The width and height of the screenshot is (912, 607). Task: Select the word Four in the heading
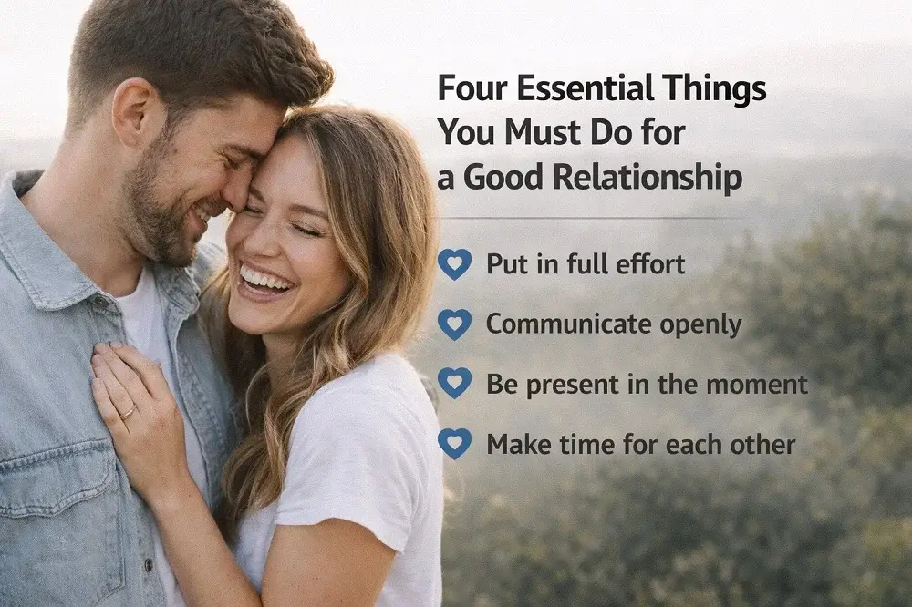coord(471,90)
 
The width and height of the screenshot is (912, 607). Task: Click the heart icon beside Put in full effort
coord(454,264)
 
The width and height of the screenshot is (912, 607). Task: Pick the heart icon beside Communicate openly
coord(454,324)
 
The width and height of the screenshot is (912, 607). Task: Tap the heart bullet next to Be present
coord(454,383)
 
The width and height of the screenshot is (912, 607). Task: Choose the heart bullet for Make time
coord(454,443)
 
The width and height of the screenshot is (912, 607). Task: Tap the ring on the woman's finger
coord(128,412)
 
